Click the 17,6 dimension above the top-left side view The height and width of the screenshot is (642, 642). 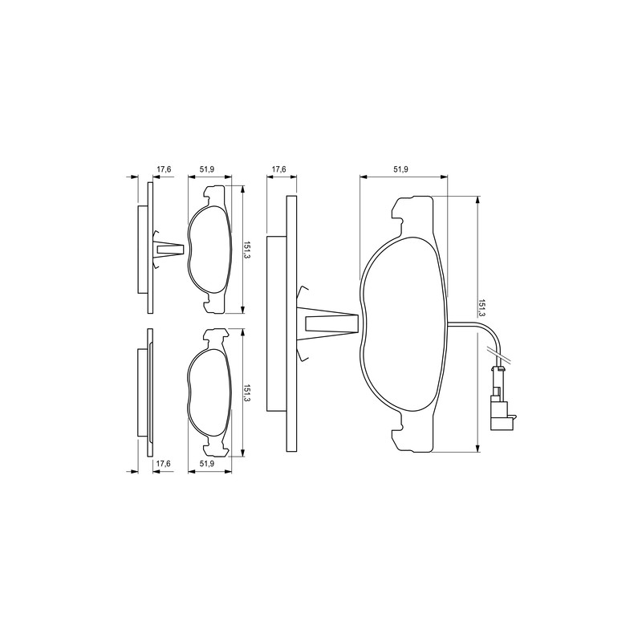(164, 169)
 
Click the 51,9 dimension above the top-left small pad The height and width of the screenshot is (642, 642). (207, 169)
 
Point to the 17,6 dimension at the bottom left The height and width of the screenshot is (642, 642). (164, 463)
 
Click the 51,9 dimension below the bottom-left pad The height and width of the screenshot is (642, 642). (207, 463)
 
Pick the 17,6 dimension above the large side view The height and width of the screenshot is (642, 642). (278, 169)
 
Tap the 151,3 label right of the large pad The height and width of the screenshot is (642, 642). (481, 308)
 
